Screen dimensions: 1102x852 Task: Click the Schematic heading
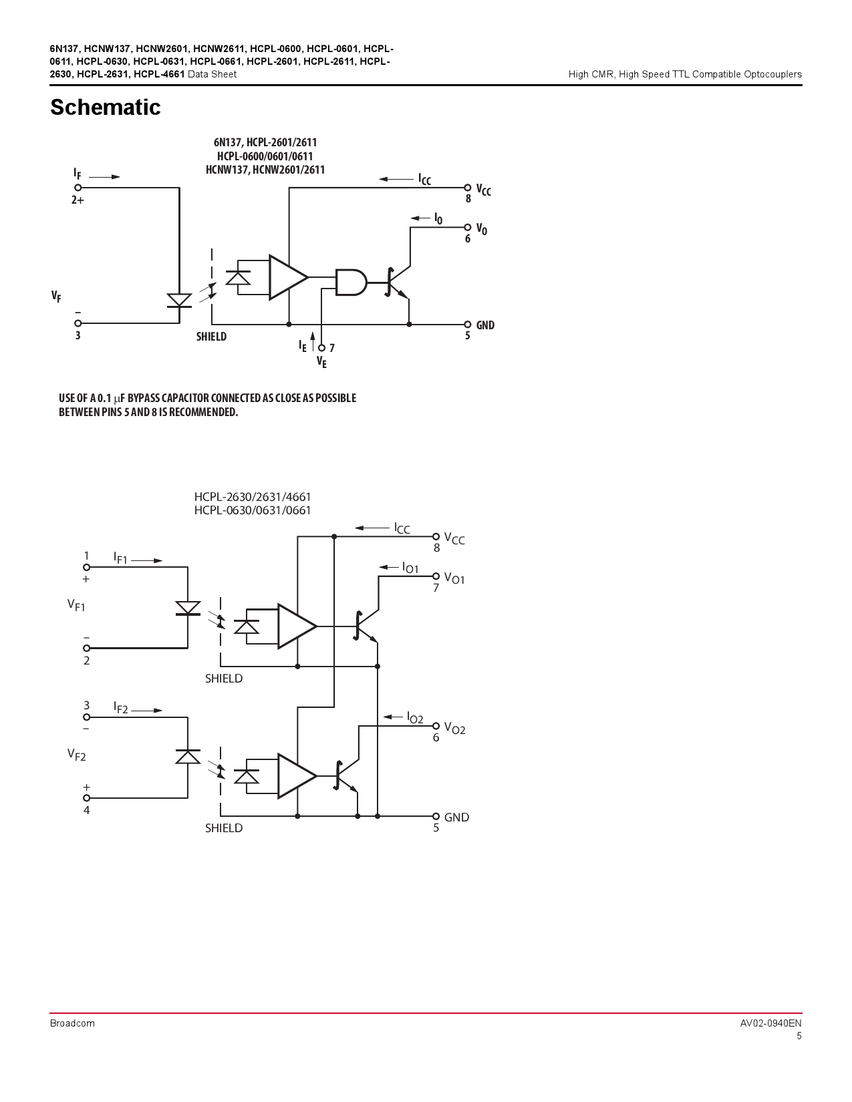point(105,108)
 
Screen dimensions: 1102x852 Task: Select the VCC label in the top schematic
point(483,190)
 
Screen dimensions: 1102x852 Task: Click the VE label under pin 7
point(321,362)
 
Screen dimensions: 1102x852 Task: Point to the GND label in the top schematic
point(485,325)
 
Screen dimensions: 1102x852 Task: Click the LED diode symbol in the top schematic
point(179,301)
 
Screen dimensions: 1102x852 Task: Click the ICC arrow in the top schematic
point(396,179)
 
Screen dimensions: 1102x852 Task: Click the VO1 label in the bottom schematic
point(454,578)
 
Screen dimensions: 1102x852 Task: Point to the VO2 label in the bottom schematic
point(454,729)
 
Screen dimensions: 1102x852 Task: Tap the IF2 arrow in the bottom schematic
point(147,710)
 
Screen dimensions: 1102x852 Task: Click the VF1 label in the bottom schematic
point(76,605)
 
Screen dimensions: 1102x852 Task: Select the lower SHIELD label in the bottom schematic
point(224,828)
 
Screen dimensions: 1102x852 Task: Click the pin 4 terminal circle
point(86,797)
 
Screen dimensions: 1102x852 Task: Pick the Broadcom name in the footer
point(72,1023)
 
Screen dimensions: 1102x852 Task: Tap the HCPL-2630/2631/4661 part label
point(253,497)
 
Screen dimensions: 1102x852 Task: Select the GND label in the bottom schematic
point(456,817)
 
